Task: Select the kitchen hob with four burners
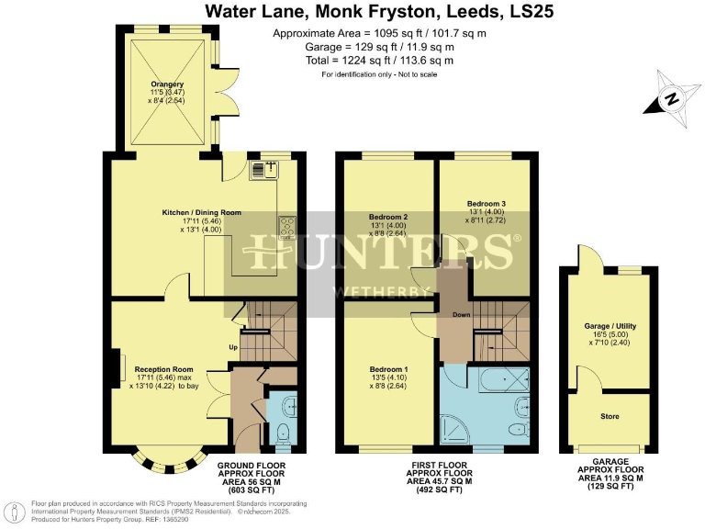point(287,224)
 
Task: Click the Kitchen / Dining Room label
point(202,212)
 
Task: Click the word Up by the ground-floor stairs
point(234,347)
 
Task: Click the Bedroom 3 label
point(486,203)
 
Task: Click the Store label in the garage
point(610,416)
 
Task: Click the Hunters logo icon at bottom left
point(15,510)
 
